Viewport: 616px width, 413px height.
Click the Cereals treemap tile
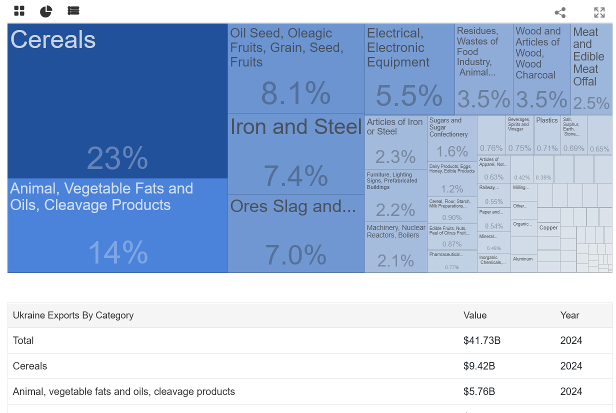pos(117,100)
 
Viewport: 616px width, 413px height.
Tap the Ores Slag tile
pos(296,233)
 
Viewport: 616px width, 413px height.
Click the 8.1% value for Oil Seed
pos(296,93)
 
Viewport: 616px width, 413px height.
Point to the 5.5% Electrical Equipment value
pos(409,95)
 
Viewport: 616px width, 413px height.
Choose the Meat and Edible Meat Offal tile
pos(591,68)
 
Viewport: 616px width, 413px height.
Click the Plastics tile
pos(547,135)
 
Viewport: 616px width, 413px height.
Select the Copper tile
pos(548,228)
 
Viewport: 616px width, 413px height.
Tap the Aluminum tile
pos(523,259)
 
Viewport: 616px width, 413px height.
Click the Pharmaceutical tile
pos(452,261)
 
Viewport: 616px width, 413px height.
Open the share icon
pos(560,12)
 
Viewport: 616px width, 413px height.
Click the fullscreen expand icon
pos(599,12)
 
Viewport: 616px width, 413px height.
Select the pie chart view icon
pos(46,11)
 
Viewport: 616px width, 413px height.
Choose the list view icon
pos(73,11)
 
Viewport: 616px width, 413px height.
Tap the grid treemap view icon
pos(19,11)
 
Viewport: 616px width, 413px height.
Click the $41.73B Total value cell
pos(481,340)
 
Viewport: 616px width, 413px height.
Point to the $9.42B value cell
pos(479,366)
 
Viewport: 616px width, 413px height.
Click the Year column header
pos(569,315)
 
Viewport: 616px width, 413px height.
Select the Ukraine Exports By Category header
pos(73,315)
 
